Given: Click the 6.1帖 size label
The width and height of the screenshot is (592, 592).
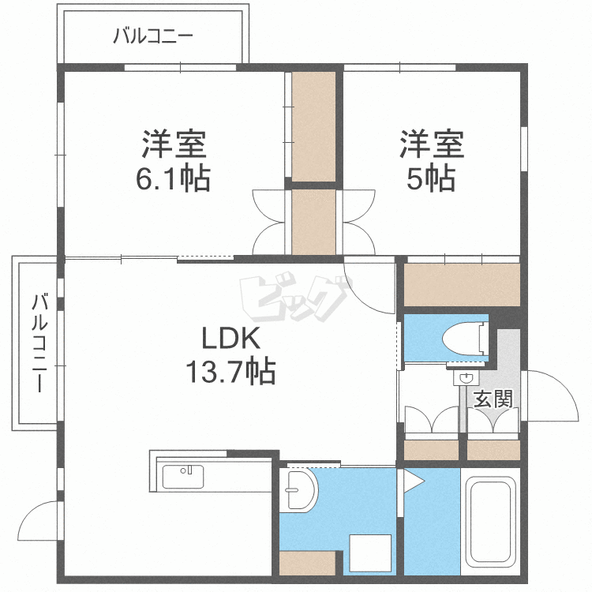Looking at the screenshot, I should (174, 180).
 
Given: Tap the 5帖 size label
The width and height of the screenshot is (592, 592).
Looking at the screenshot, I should (430, 180).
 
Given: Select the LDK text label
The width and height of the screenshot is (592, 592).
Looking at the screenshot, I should (230, 339).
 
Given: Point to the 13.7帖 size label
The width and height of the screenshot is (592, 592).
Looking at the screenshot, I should (230, 370).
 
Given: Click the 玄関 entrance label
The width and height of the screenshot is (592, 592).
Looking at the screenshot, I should (493, 399).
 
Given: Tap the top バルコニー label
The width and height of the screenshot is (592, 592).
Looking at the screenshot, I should (153, 36).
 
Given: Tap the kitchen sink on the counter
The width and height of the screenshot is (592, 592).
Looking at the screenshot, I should (183, 477).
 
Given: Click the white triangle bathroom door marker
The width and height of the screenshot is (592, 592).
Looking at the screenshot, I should (413, 480).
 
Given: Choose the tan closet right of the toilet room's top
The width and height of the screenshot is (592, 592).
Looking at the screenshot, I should (462, 283).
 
